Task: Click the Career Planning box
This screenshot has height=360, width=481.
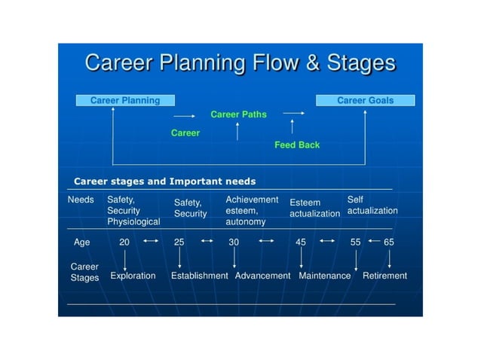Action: [125, 100]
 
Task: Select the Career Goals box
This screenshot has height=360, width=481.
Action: [365, 100]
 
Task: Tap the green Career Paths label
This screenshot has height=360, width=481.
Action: [238, 114]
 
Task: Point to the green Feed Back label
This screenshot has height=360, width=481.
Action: [297, 145]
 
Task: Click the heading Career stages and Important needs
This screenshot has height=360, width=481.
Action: [164, 182]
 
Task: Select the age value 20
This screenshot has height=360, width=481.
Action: [124, 243]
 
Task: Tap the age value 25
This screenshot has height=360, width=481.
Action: [179, 243]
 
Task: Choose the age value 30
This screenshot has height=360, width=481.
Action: [234, 243]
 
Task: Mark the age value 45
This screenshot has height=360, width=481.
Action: [301, 243]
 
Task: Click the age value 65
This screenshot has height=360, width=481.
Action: [389, 243]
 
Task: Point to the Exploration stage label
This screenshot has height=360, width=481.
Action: [133, 276]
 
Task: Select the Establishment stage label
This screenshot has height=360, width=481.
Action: [199, 276]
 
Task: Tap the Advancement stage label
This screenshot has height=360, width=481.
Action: [262, 276]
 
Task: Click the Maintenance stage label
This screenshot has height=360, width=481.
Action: [325, 276]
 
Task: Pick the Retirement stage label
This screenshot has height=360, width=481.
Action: [384, 276]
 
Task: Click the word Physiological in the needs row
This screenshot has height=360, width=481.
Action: [133, 223]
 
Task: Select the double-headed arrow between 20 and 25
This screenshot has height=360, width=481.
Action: [151, 242]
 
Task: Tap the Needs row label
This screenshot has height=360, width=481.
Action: [81, 200]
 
